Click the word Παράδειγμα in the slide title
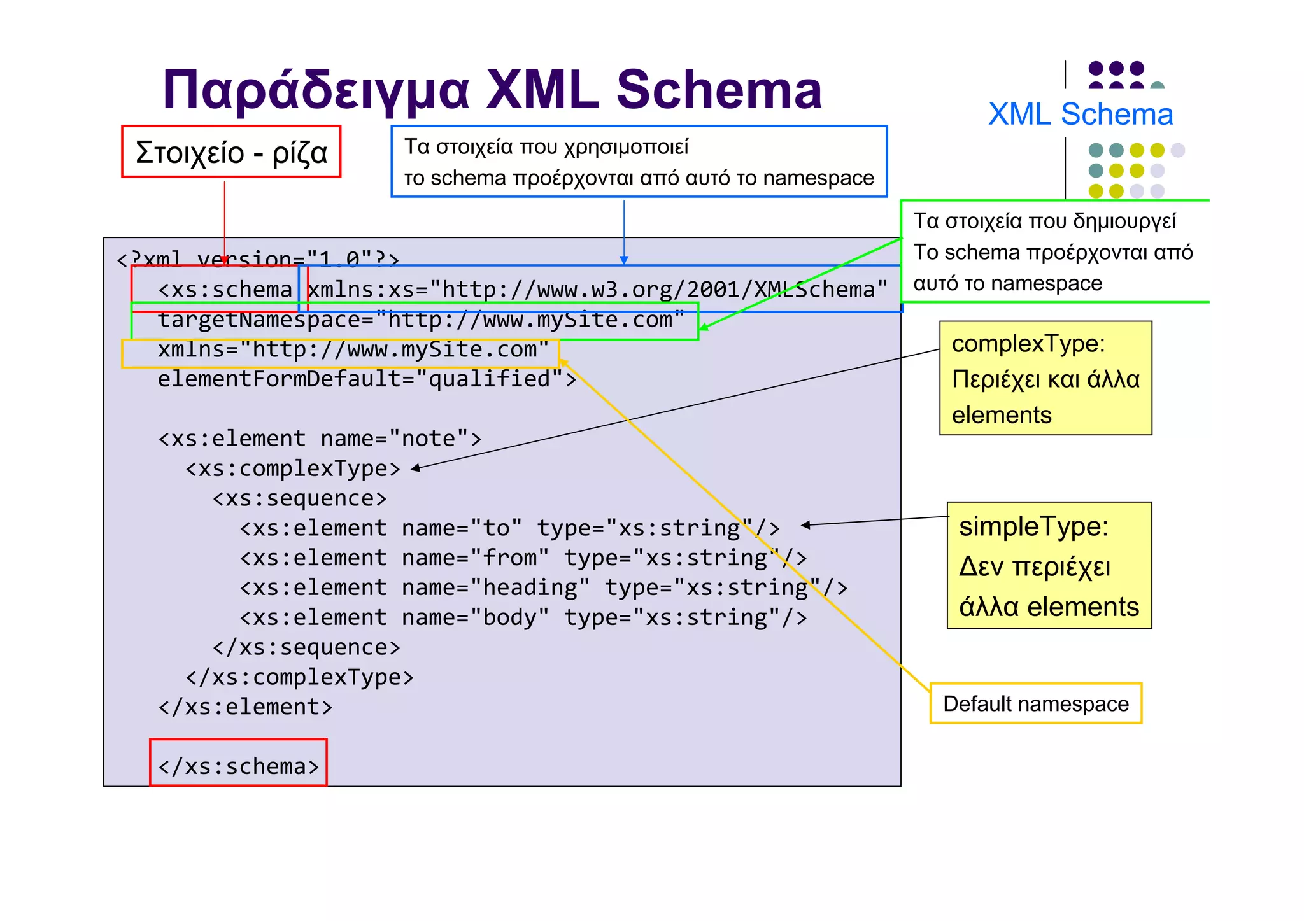(316, 91)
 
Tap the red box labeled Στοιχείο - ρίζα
(231, 152)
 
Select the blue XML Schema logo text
(1080, 115)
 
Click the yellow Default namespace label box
(1035, 703)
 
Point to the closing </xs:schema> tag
(239, 766)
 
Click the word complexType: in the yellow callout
(1028, 344)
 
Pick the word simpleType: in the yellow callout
(1033, 526)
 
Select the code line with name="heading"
(543, 587)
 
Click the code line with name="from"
(523, 558)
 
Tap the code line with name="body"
(523, 617)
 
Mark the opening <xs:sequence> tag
(299, 498)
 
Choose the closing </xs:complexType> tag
(299, 677)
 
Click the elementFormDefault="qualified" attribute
(366, 379)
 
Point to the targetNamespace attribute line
(420, 320)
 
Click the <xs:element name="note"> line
(320, 439)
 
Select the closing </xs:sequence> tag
(306, 647)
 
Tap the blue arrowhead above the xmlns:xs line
(624, 260)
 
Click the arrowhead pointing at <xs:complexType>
(415, 468)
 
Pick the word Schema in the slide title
(719, 91)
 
